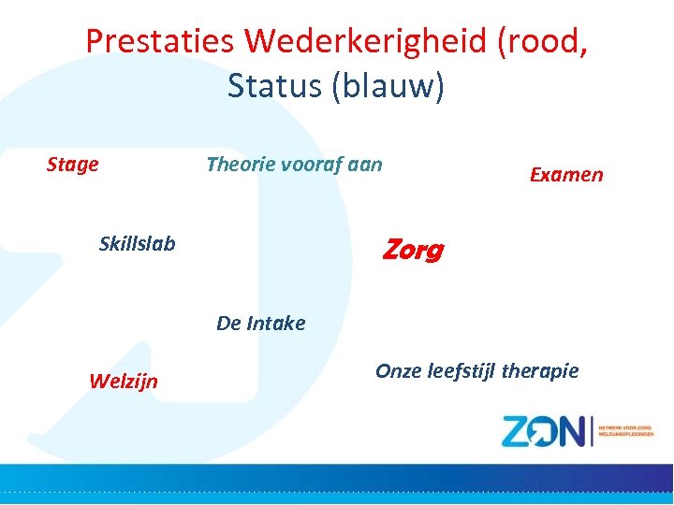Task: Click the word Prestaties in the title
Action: pyautogui.click(x=160, y=41)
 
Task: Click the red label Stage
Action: pyautogui.click(x=73, y=165)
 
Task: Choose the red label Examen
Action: pyautogui.click(x=566, y=175)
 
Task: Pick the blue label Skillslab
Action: pyautogui.click(x=137, y=244)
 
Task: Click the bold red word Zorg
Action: pyautogui.click(x=413, y=251)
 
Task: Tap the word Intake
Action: pyautogui.click(x=276, y=324)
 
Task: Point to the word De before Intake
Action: pyautogui.click(x=228, y=324)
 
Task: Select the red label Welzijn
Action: pyautogui.click(x=123, y=381)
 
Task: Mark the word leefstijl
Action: pyautogui.click(x=462, y=371)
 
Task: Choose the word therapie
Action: pyautogui.click(x=541, y=371)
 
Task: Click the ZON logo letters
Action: pyautogui.click(x=543, y=431)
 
